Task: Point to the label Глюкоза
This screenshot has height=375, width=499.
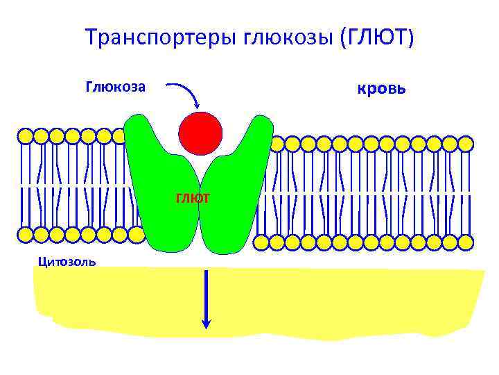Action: [115, 87]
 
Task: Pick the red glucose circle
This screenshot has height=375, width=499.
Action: [200, 133]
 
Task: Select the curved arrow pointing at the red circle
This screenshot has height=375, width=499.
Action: [186, 94]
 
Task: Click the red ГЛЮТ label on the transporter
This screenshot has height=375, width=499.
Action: [193, 199]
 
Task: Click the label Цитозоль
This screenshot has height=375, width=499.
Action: [67, 262]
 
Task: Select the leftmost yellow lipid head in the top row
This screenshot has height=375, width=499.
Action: [26, 135]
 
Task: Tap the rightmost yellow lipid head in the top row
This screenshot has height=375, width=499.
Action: [466, 144]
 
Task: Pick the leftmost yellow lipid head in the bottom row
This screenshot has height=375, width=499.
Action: [26, 235]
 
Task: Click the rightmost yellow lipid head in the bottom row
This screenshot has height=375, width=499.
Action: [466, 242]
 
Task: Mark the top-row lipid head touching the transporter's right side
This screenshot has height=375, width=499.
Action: [277, 144]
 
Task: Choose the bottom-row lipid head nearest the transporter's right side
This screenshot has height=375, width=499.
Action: [261, 242]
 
